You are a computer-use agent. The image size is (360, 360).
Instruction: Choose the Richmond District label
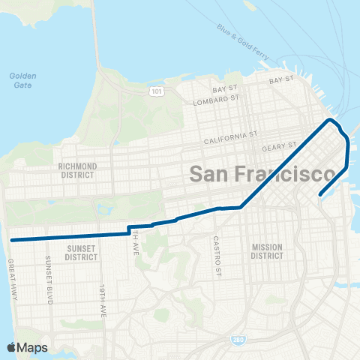point(78,169)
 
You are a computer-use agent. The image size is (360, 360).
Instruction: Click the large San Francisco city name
point(261,174)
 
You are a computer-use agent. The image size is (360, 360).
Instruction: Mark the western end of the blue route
point(12,240)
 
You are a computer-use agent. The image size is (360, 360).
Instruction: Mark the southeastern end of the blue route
point(320,195)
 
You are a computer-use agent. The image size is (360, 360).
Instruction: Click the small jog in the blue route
point(129,229)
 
